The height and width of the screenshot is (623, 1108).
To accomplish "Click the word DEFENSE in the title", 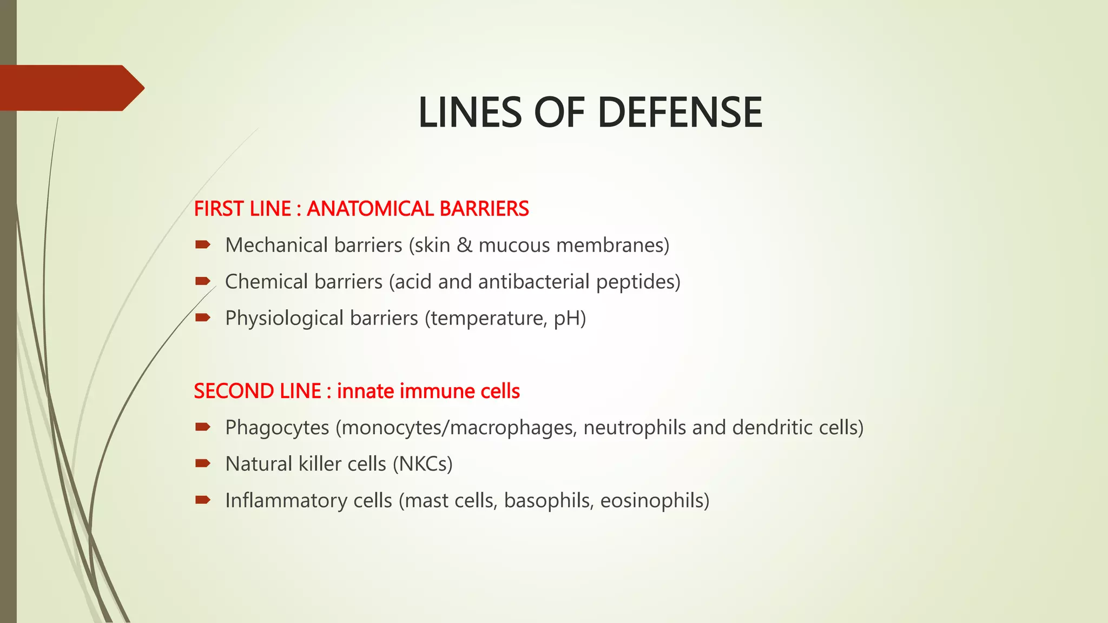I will [680, 112].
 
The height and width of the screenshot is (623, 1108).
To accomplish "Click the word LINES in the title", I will [470, 112].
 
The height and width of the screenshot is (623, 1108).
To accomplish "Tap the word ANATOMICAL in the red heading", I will [370, 209].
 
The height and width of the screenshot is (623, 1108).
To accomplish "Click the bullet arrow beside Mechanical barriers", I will [203, 245].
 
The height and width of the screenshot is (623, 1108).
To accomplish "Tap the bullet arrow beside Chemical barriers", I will [203, 281].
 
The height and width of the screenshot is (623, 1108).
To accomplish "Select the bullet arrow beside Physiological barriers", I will [203, 318].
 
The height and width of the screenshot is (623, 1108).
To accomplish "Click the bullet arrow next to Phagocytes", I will [203, 427].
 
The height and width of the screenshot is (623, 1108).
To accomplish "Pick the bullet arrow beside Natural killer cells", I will [203, 463].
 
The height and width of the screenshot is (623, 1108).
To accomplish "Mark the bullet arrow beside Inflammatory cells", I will [203, 500].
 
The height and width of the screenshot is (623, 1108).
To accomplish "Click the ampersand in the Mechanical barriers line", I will [464, 246].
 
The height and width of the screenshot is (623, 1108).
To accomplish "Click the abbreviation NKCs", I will [422, 464].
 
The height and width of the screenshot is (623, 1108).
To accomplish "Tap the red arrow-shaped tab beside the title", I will [70, 88].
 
